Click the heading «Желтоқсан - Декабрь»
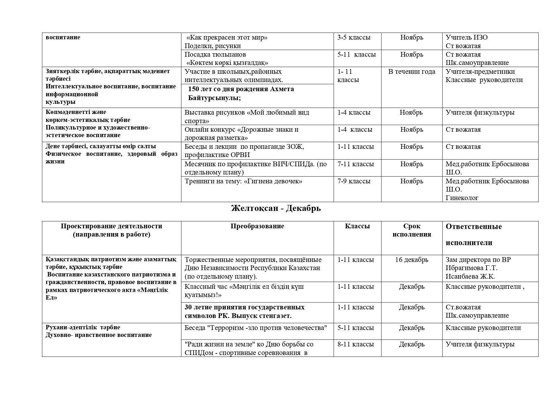(x=276, y=208)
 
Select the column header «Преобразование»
(x=257, y=226)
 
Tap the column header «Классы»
(x=357, y=226)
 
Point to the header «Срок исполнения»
(x=412, y=230)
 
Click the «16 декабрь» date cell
(x=412, y=260)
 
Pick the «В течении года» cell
(x=412, y=72)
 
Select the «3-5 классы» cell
(x=354, y=37)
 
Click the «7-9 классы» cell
(x=354, y=181)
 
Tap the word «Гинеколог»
(x=462, y=198)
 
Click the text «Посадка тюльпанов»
(x=215, y=54)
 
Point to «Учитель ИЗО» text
(x=466, y=37)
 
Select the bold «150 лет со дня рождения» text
(x=241, y=89)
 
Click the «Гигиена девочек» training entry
(x=243, y=181)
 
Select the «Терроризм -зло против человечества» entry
(x=256, y=328)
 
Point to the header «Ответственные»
(x=473, y=227)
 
